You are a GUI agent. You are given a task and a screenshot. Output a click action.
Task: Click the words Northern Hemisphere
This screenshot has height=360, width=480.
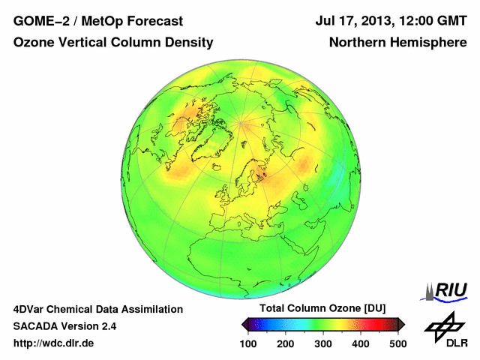[x=397, y=43]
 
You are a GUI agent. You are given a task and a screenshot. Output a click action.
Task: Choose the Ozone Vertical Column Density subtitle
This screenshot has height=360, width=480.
[x=113, y=43]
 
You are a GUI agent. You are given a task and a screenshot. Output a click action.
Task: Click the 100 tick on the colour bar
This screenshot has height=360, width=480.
[x=249, y=343]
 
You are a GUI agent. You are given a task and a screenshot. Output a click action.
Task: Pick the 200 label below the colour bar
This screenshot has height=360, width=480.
[x=286, y=343]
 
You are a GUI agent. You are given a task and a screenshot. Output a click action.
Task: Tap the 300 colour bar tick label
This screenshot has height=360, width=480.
[x=323, y=343]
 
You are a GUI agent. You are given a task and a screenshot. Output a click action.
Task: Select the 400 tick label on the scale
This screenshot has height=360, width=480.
[x=360, y=343]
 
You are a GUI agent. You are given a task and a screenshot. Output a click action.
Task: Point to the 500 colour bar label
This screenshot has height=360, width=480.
[x=397, y=343]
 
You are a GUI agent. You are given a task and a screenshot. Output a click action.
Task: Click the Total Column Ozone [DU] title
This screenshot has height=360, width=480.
[x=322, y=309]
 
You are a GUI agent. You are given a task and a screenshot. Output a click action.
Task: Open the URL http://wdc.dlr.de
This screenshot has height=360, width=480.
[x=54, y=343]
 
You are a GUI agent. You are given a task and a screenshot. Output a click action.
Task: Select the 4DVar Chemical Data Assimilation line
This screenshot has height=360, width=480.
[x=98, y=309]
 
